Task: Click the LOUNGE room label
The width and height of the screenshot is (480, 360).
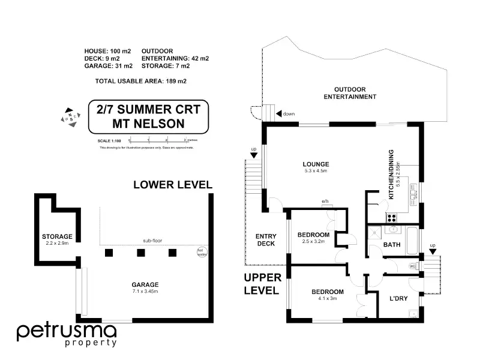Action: (316, 164)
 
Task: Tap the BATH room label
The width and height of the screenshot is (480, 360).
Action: (392, 245)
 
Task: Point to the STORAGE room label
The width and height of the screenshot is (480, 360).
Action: (57, 236)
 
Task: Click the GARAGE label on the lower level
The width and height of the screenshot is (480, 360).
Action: (145, 285)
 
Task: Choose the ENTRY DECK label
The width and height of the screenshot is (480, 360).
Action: (265, 239)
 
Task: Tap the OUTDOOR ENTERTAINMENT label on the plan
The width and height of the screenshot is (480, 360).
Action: (350, 92)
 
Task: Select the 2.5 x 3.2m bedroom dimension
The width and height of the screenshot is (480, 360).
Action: (314, 242)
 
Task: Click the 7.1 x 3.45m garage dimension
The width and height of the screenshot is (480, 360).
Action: (145, 292)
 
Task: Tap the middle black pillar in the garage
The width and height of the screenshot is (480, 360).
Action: (140, 253)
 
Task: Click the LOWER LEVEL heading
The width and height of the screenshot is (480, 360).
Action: (172, 185)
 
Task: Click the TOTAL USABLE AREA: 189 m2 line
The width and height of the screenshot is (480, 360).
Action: (141, 80)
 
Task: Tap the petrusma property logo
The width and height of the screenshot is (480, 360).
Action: (65, 334)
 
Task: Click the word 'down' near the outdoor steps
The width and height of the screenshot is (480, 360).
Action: (289, 113)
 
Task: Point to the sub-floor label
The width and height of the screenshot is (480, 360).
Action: (152, 241)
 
